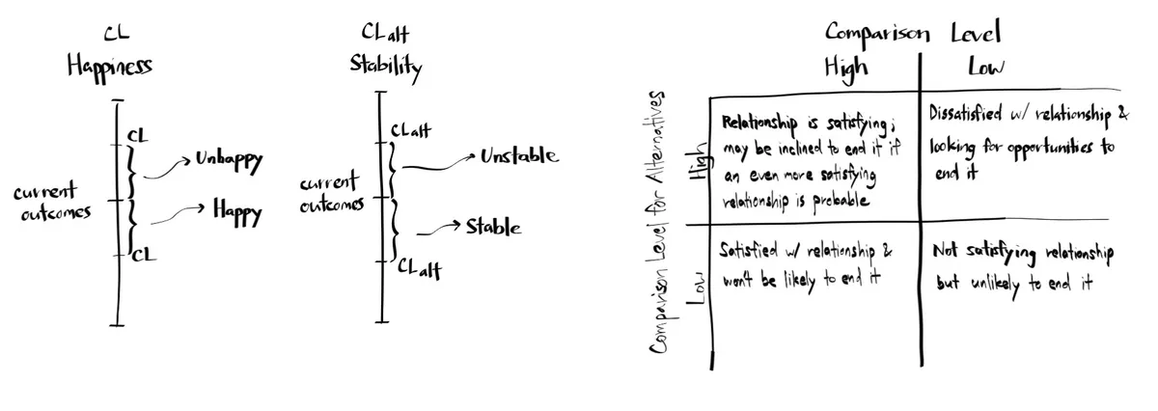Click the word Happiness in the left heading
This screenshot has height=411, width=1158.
pos(109,67)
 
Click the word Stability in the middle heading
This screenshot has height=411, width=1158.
pos(385,67)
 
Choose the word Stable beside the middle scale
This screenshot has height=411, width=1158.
pos(493,228)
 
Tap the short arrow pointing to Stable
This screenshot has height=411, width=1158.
pos(438,228)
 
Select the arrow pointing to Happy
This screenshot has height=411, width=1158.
pos(175,211)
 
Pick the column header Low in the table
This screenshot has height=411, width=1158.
pos(987,67)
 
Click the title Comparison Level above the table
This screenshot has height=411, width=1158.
pos(912,32)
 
